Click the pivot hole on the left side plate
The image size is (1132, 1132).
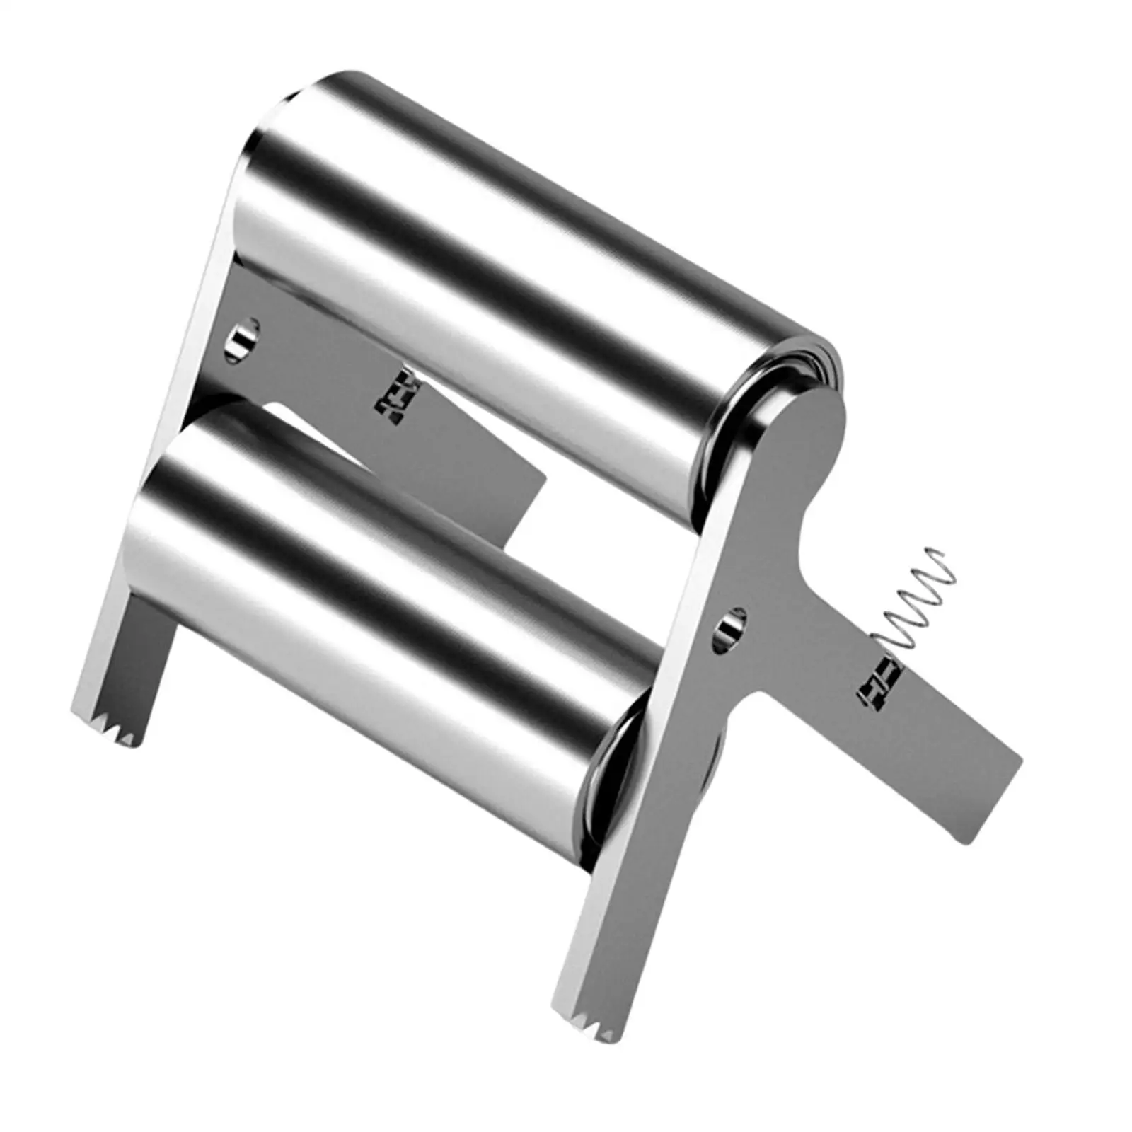coord(243,334)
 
